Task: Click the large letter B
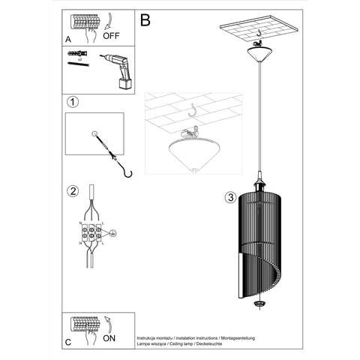145,20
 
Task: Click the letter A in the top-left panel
69,40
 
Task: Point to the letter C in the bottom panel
69,341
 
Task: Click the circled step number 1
73,102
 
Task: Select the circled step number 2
73,190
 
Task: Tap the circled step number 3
231,198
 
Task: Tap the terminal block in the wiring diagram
91,232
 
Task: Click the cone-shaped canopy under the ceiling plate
259,54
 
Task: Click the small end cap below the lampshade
260,303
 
